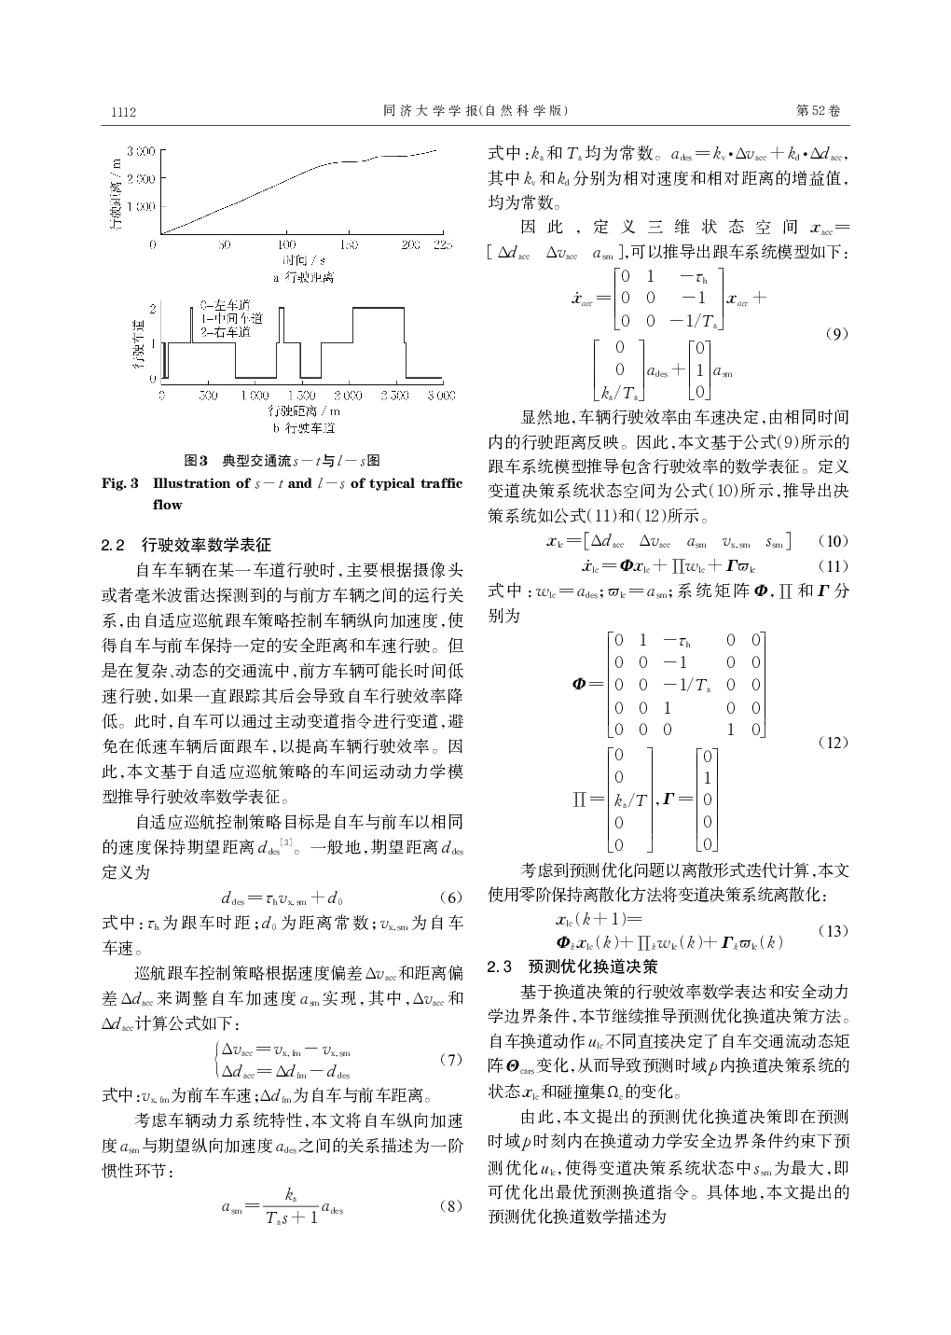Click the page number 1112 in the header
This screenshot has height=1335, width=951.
coord(124,112)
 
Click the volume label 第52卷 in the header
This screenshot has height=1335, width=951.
coord(819,111)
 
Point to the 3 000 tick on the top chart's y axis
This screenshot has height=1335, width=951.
coord(140,150)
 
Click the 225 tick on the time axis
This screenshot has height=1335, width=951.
coord(442,244)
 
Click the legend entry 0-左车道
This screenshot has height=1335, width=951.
coord(225,305)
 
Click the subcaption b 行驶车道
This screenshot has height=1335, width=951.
coord(304,428)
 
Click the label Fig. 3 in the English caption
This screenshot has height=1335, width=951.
coord(120,483)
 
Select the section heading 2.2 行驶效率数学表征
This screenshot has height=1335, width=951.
coord(186,545)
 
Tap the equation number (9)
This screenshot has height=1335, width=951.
coord(836,335)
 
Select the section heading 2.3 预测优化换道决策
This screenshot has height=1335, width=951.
coord(573,966)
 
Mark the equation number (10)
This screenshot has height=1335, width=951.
coord(833,541)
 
